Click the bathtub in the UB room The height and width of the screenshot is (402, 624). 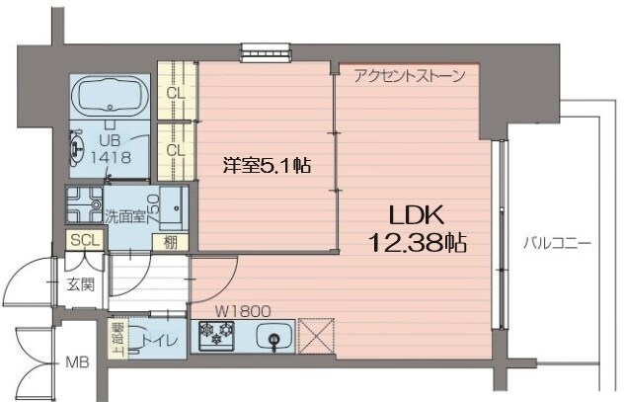[111, 96]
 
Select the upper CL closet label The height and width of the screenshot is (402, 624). [176, 94]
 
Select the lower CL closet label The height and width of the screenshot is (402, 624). [176, 149]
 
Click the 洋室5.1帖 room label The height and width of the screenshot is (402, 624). [268, 166]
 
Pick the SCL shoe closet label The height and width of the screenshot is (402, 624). [82, 240]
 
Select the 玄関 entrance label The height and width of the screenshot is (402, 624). [80, 284]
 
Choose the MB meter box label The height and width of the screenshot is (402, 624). [76, 362]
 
